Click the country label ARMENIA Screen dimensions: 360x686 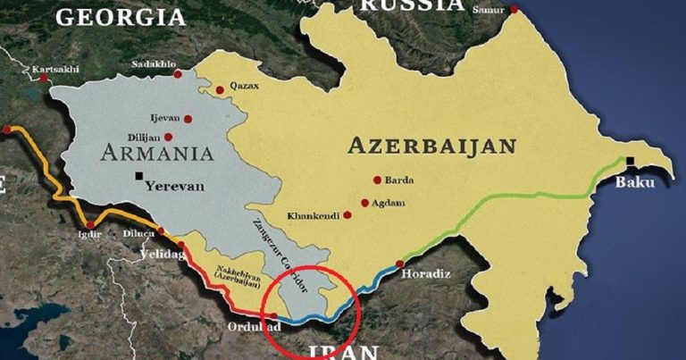coord(156,153)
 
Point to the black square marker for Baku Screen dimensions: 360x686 coord(631,162)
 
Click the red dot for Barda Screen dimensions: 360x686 coord(377,180)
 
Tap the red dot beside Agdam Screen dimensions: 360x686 coord(364,203)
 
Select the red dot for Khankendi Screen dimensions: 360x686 coord(347,215)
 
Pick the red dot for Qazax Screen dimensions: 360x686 coord(219,89)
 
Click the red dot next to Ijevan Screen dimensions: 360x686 coord(188,118)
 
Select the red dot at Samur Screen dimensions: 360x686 coord(514,10)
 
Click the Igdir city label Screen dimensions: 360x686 coord(90,235)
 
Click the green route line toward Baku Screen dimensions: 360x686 coord(536,197)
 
